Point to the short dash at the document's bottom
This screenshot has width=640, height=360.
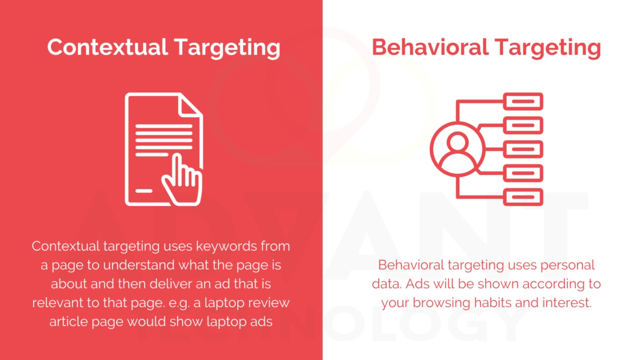pyautogui.click(x=143, y=190)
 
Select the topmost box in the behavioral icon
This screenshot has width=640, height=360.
pyautogui.click(x=523, y=101)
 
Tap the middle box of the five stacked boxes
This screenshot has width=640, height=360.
pyautogui.click(x=523, y=149)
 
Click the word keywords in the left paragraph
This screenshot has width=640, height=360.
pyautogui.click(x=223, y=246)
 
